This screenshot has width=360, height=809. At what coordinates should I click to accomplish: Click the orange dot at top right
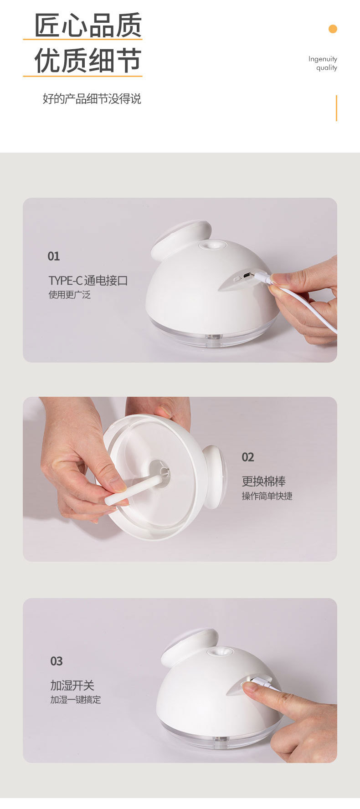[x=333, y=29]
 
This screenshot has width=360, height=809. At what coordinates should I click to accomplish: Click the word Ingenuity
[x=323, y=59]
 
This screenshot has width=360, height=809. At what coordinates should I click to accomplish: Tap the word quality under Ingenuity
[x=327, y=68]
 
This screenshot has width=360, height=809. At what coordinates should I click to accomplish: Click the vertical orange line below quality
[x=336, y=108]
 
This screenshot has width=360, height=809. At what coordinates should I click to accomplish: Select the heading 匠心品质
[x=88, y=26]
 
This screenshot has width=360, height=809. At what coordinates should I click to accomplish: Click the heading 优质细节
[x=88, y=61]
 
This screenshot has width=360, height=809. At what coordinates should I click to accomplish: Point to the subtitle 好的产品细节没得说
[x=92, y=99]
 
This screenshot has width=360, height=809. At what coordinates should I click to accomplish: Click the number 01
[x=54, y=256]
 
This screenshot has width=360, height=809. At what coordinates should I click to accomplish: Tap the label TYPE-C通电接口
[x=88, y=281]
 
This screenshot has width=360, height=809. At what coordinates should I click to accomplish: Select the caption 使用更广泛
[x=70, y=295]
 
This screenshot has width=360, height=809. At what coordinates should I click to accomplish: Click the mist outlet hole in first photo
[x=212, y=245]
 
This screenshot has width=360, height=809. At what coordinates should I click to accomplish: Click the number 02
[x=248, y=457]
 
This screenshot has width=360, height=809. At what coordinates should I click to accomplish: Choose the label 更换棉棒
[x=264, y=481]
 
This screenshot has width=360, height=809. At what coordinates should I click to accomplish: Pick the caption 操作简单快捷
[x=267, y=496]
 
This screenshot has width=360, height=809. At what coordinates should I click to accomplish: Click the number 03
[x=57, y=661]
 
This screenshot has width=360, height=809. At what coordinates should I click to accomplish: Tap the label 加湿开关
[x=72, y=686]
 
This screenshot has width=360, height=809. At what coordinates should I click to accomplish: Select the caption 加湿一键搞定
[x=76, y=700]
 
